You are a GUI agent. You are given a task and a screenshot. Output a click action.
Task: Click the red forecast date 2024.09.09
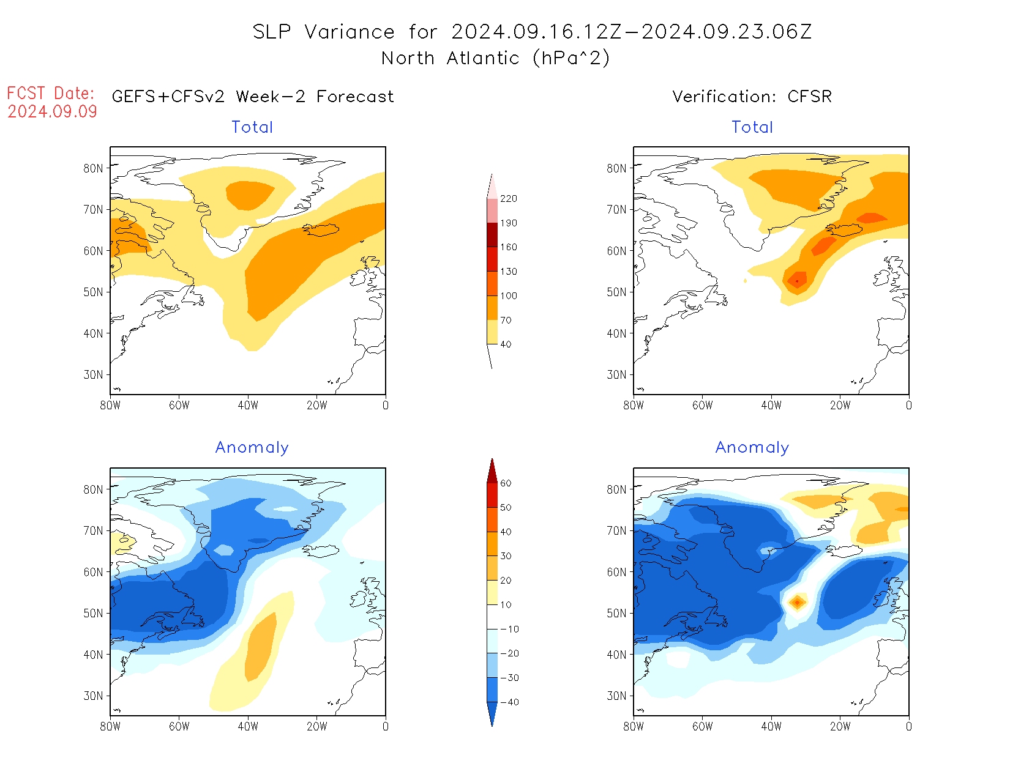[52, 111]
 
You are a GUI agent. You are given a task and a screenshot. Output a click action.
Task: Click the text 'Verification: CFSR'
[752, 97]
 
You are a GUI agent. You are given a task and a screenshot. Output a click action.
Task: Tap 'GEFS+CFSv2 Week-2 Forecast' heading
[253, 97]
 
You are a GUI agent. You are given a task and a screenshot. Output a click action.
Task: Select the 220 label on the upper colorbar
[508, 199]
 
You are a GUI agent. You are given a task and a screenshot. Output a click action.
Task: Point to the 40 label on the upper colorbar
[506, 344]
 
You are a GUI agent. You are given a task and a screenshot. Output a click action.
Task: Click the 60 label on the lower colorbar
[506, 483]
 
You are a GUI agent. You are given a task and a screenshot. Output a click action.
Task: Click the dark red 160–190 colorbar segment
[492, 235]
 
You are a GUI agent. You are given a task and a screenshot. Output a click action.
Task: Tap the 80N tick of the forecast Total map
[94, 168]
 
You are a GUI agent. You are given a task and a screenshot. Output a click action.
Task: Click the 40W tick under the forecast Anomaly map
[248, 727]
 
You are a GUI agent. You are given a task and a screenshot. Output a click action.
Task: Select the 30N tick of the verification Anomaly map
[616, 696]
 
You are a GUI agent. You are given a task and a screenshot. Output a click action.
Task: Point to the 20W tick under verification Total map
[840, 406]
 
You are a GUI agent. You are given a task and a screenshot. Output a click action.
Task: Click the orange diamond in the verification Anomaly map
[797, 603]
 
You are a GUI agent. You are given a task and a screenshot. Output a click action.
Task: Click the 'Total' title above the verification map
[752, 127]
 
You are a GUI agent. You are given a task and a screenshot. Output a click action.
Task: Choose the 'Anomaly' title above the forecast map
[252, 448]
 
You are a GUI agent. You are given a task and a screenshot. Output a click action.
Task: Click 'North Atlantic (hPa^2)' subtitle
[495, 58]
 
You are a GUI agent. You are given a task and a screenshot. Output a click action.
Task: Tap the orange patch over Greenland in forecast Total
[249, 195]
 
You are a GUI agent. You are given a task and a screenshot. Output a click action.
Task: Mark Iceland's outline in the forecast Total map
[321, 230]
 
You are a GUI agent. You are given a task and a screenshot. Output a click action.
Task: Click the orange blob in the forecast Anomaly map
[261, 645]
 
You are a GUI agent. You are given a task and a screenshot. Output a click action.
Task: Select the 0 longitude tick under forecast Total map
[385, 406]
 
